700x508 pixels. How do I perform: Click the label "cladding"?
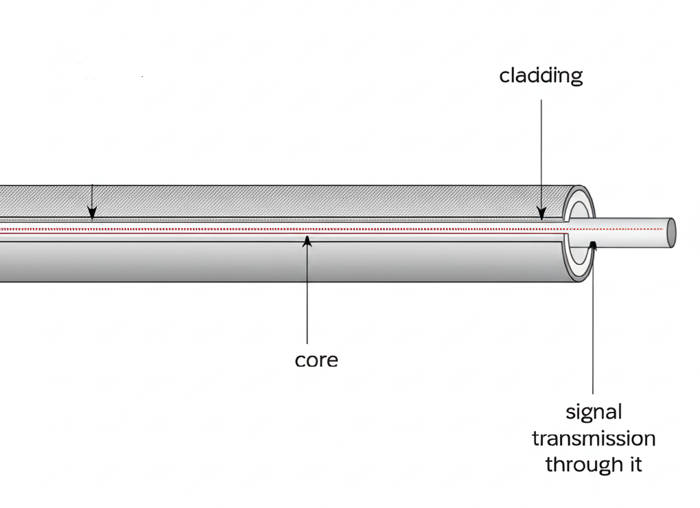click(x=541, y=75)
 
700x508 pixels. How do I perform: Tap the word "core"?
click(x=316, y=359)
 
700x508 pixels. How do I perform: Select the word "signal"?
click(x=594, y=412)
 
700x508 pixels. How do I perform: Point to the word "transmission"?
click(x=594, y=438)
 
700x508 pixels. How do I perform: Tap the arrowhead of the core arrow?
click(x=307, y=240)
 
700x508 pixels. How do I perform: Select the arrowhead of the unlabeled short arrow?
click(x=92, y=215)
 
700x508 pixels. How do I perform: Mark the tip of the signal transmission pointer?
click(x=593, y=245)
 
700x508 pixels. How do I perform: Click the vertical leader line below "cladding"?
click(x=541, y=151)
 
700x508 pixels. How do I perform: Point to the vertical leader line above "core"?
click(x=307, y=295)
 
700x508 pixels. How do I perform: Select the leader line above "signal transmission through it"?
click(x=593, y=323)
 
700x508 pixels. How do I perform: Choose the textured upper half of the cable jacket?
click(x=275, y=202)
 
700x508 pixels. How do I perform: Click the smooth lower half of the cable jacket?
click(x=275, y=261)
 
